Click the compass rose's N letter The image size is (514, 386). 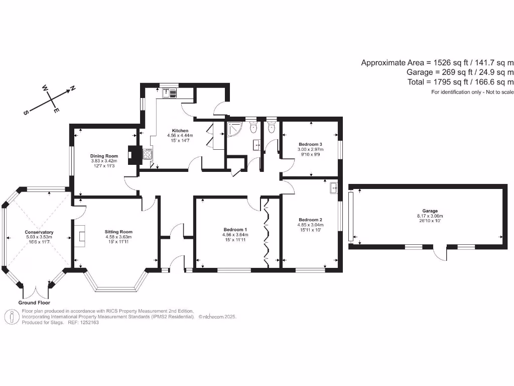(72, 88)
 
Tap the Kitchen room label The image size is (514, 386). (180, 131)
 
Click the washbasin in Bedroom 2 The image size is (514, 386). (334, 188)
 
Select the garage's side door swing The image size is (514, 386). (440, 254)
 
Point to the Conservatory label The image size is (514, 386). (39, 232)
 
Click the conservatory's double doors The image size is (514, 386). (36, 292)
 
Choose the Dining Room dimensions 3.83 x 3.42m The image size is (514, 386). (104, 161)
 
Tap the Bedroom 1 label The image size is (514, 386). (235, 229)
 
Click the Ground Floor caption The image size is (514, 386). (34, 303)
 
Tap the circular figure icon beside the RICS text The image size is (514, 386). (12, 317)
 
